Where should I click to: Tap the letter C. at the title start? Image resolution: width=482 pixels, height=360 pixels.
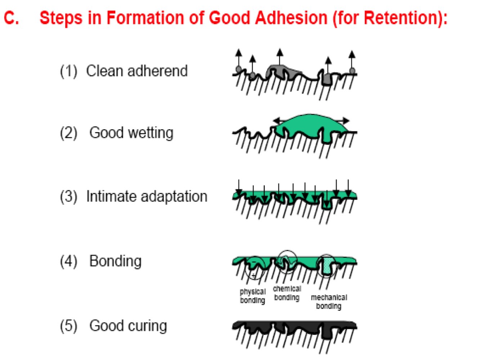[11, 18]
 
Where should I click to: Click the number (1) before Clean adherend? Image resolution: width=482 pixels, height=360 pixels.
[68, 71]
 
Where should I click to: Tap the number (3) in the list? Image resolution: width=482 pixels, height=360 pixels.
[68, 197]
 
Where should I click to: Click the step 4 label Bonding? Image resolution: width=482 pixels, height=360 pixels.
[115, 261]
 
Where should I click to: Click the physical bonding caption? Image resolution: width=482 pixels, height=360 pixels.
[253, 296]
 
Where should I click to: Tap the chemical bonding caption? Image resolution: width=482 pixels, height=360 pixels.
[287, 293]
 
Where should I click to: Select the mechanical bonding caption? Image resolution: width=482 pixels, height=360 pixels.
[329, 302]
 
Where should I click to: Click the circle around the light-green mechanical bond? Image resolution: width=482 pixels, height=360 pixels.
[327, 266]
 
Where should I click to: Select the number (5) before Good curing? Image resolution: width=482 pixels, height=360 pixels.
[68, 326]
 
